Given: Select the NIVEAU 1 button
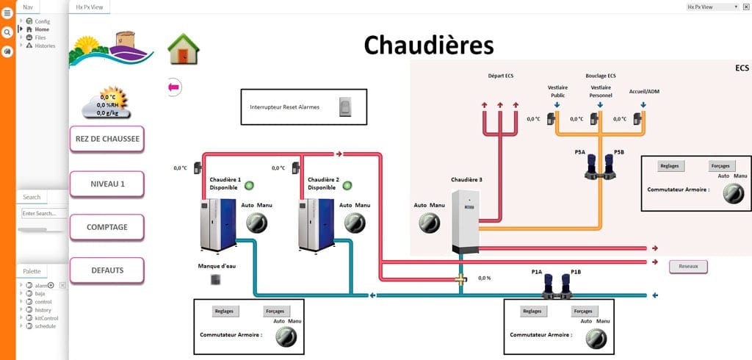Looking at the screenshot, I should (x=106, y=184).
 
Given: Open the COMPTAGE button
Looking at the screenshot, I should (x=106, y=227).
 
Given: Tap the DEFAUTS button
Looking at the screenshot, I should (x=106, y=270).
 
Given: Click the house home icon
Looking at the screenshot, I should (x=184, y=50).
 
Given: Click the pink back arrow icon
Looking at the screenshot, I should (x=174, y=87).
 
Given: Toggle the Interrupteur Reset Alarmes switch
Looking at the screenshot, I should (x=345, y=107).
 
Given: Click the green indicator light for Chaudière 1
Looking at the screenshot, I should (x=249, y=185).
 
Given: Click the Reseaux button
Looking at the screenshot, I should (x=688, y=267).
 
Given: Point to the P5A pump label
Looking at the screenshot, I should (x=580, y=152).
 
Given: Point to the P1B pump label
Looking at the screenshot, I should (x=566, y=272).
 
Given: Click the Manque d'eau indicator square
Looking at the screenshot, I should (x=215, y=279).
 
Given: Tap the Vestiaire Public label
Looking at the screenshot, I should (x=558, y=91).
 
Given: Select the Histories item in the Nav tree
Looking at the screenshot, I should (x=45, y=46).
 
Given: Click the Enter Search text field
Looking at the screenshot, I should (x=43, y=213).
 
